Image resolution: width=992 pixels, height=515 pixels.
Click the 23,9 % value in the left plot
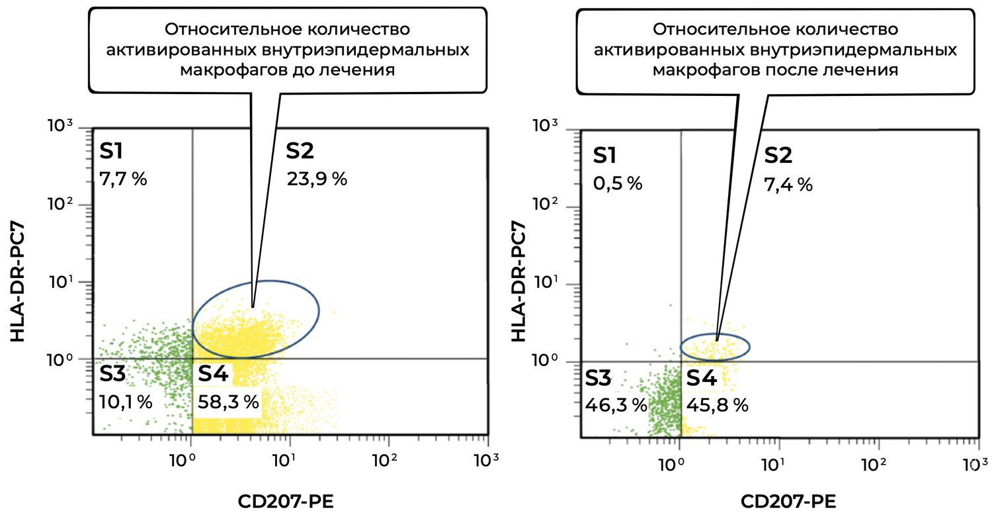coord(317,179)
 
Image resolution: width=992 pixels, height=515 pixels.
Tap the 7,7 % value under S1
coord(123,179)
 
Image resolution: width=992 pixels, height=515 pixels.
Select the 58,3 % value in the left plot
coord(227,402)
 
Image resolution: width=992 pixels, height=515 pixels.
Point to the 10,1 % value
coord(126,402)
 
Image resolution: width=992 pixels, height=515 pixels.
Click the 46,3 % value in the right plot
coord(616,405)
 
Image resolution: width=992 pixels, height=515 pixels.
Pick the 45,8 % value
coord(717,405)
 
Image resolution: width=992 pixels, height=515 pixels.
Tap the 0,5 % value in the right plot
coord(617,183)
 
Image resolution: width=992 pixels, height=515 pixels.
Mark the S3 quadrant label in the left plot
coord(112,375)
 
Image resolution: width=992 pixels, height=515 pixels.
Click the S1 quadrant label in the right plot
coord(604,156)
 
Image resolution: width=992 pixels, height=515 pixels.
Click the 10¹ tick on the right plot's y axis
coord(545,285)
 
